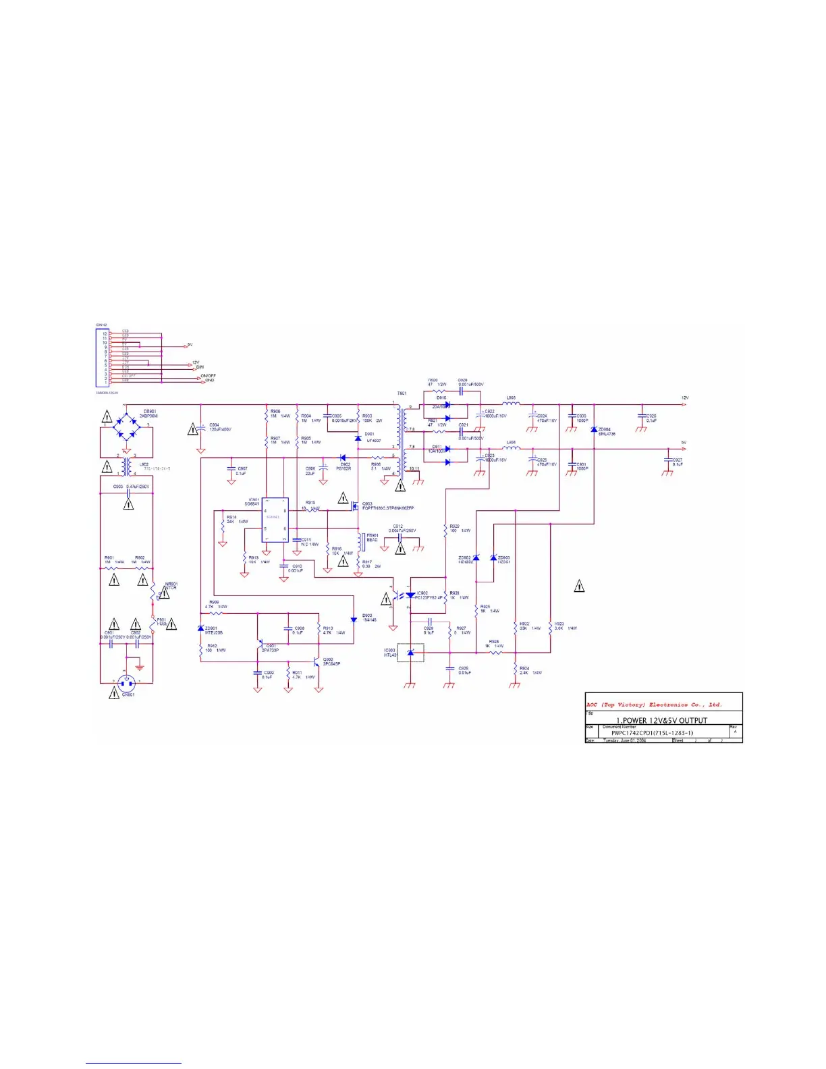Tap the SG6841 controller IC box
coord(275,520)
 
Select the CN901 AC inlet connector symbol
coord(126,683)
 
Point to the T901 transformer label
coord(402,393)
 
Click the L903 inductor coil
coord(512,405)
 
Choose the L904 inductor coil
coord(512,448)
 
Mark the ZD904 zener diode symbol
coord(594,429)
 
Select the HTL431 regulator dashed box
coord(411,653)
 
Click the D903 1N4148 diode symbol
coord(354,620)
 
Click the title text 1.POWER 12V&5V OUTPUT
coord(661,720)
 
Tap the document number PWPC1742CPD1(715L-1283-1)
coord(652,732)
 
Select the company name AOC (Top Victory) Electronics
coord(653,705)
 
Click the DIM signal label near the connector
coord(200,367)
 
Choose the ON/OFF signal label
coord(208,375)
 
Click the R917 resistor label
coord(366,561)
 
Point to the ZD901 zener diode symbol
coord(200,629)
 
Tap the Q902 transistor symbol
coord(316,662)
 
